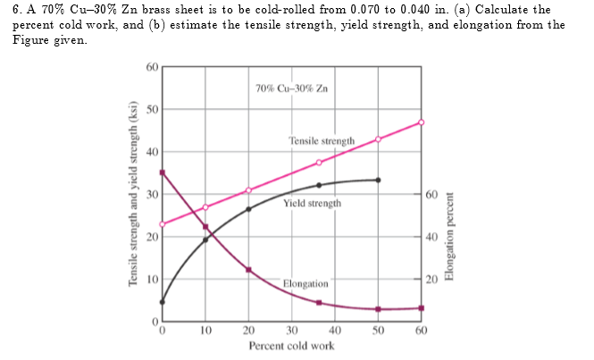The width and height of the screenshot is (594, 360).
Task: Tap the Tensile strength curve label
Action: tap(322, 141)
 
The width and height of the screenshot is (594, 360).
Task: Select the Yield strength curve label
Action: tap(312, 204)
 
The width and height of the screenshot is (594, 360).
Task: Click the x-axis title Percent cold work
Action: tap(292, 346)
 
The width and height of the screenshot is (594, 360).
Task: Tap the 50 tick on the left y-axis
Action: tap(152, 109)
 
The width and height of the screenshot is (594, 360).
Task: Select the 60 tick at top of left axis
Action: tap(152, 67)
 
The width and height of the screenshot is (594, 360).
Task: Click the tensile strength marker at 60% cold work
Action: tap(422, 122)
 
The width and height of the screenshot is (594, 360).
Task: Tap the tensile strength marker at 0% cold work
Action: tap(163, 224)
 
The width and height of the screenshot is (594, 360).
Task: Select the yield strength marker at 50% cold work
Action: tap(378, 180)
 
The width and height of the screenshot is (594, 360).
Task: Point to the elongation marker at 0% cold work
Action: tap(163, 172)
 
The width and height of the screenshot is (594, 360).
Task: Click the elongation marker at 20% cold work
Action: tap(248, 269)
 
